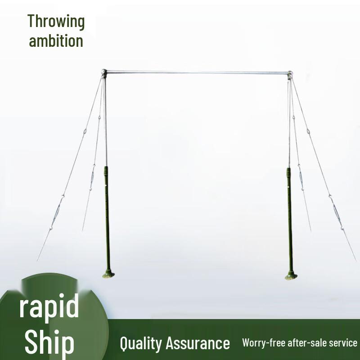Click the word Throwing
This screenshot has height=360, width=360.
point(56,21)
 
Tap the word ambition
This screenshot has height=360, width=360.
point(56,41)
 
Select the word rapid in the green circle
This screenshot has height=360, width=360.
point(49,306)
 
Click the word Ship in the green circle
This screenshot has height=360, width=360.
point(49,342)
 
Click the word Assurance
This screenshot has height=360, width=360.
point(198,343)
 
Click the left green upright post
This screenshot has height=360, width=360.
point(107,216)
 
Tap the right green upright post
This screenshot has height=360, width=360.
point(289,216)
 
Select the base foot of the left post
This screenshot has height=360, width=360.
point(108,274)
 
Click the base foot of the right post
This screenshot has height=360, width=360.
point(291,276)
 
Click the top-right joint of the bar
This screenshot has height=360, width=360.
point(290,73)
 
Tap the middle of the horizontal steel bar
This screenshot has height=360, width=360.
point(197,72)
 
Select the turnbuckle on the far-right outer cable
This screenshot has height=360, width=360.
point(337,211)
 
